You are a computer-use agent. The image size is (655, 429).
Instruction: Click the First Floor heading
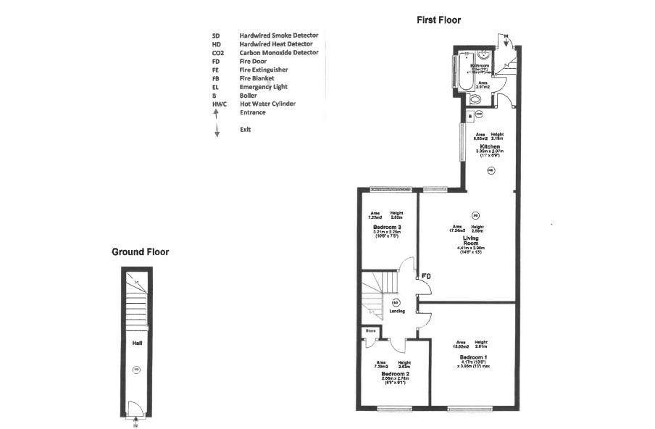click(x=438, y=20)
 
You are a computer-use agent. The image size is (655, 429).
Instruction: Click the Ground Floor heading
click(x=140, y=252)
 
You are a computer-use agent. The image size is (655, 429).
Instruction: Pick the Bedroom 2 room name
click(x=390, y=374)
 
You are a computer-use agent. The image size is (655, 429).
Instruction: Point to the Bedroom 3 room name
click(x=387, y=227)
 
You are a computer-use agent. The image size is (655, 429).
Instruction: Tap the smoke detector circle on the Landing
click(x=396, y=301)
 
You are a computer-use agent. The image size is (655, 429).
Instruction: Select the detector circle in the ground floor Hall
click(x=136, y=370)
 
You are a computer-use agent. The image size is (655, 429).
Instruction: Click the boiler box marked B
click(x=470, y=115)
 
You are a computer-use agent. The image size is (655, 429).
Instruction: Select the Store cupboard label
click(x=370, y=331)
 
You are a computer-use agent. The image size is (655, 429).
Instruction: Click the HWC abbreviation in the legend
click(x=219, y=104)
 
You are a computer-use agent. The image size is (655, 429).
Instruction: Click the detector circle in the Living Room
click(x=475, y=214)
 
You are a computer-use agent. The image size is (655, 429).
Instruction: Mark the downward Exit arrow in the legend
click(x=216, y=130)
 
